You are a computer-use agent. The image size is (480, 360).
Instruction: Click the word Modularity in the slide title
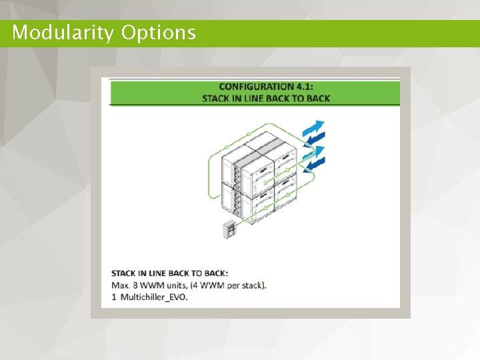[x=63, y=33]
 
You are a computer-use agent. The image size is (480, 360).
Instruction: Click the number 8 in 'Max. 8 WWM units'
[x=135, y=285]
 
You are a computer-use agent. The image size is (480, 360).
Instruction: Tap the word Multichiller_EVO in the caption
[x=155, y=297]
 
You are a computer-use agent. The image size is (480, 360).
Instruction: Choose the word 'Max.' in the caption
[x=121, y=285]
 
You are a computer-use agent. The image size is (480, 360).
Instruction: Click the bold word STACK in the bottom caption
[x=123, y=273]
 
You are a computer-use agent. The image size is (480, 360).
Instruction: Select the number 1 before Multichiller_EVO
[x=114, y=297]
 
